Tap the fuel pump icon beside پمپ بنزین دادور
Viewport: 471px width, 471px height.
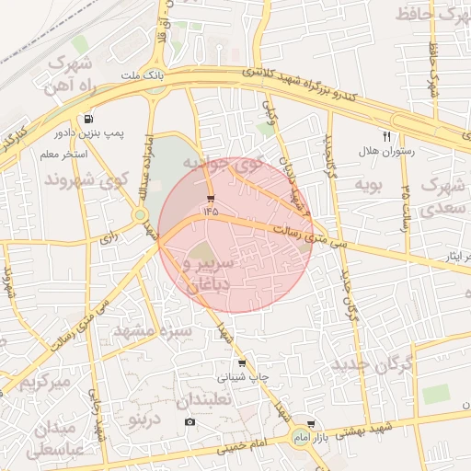point(88,119)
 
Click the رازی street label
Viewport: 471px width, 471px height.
point(109,237)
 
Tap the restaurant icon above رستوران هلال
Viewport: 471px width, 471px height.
point(386,136)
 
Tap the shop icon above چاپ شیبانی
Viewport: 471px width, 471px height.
point(242,363)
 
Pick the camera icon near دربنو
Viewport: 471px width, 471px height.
point(190,422)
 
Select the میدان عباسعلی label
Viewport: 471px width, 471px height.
point(55,439)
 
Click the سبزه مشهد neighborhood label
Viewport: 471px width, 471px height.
point(154,329)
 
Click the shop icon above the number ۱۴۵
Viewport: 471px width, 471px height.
point(212,198)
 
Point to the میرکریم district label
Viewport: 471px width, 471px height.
point(41,379)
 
